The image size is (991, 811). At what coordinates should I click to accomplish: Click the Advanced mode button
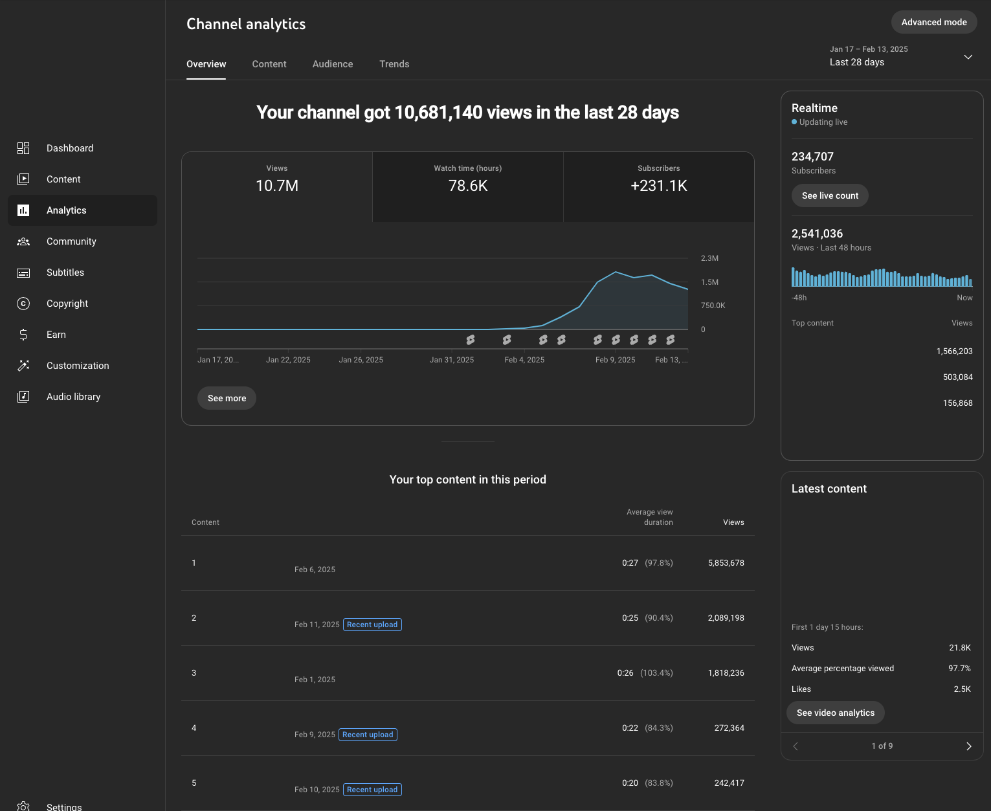point(933,22)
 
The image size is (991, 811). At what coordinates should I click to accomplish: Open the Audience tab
point(333,64)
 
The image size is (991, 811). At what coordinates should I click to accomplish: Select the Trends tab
point(394,64)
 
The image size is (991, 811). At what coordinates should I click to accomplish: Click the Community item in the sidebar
point(71,241)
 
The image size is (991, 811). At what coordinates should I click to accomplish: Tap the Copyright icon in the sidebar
point(23,304)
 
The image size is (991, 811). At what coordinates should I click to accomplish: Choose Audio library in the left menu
point(73,397)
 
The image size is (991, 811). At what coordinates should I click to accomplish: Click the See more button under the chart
point(227,398)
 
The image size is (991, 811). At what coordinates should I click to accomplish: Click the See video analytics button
point(836,713)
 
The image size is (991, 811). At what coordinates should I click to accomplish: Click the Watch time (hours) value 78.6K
point(468,186)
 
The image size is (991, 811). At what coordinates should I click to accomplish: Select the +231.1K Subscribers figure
point(659,186)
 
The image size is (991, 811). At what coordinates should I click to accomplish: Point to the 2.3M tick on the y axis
point(709,258)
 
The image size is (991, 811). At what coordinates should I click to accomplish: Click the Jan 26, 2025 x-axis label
point(361,359)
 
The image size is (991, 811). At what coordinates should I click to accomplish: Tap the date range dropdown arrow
point(968,57)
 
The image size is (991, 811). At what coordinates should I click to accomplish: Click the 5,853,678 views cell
point(726,563)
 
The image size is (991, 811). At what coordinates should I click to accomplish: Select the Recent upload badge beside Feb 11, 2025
point(372,625)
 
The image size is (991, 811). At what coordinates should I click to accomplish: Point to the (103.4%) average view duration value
point(656,673)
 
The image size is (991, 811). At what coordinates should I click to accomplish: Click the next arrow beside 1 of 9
point(968,746)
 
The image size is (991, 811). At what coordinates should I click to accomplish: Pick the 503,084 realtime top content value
point(957,377)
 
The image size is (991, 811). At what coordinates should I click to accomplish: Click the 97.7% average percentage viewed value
point(959,668)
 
